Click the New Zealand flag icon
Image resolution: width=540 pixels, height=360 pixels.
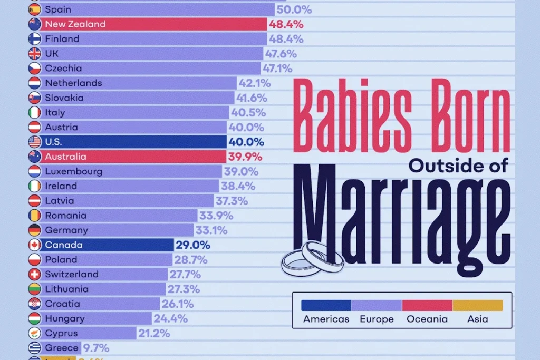(34, 24)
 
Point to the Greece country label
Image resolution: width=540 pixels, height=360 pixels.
(62, 348)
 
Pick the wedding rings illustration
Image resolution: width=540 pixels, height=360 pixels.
(313, 259)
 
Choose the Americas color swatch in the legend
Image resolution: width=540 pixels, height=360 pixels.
(326, 305)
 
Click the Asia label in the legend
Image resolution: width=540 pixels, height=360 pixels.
(477, 319)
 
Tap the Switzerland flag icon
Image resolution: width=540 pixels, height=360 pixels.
(34, 275)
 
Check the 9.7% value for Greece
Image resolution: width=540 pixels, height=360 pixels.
(96, 348)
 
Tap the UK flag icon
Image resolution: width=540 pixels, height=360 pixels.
(34, 54)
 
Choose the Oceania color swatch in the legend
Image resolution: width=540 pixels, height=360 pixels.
(427, 305)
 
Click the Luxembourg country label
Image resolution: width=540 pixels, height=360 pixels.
(74, 171)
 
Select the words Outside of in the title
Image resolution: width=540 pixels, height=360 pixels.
(458, 166)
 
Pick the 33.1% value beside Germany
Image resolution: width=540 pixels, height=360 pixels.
(210, 230)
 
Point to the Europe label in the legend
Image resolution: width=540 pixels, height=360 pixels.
(377, 319)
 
